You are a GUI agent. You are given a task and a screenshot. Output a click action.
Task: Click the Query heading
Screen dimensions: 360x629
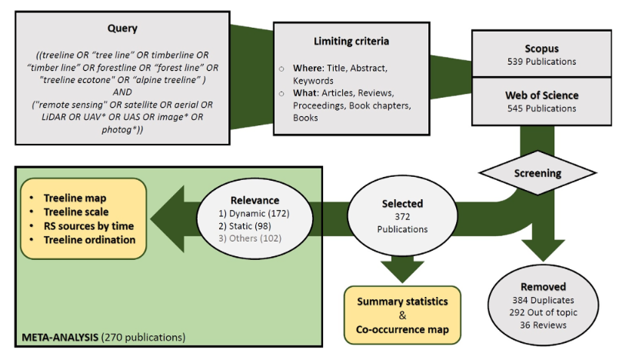123,28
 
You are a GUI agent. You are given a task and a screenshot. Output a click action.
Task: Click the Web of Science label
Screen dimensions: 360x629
541,95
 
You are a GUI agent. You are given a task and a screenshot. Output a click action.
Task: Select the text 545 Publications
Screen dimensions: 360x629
541,108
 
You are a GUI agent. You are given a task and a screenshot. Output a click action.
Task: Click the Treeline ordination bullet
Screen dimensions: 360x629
89,239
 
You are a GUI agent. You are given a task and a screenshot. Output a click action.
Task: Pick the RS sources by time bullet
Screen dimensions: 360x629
88,225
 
